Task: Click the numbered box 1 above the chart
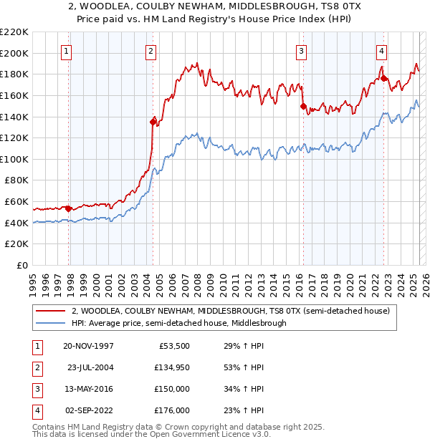tap(66, 50)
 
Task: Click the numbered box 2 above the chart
tap(151, 50)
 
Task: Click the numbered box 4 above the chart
tap(382, 50)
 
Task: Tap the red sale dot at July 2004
tap(153, 121)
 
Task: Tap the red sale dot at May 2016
tap(303, 106)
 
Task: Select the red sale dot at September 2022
tap(384, 78)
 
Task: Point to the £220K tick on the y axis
tap(14, 32)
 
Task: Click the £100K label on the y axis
tap(14, 159)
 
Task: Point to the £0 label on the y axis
tap(21, 265)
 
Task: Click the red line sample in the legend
tap(50, 311)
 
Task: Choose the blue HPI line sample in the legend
tap(50, 323)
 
